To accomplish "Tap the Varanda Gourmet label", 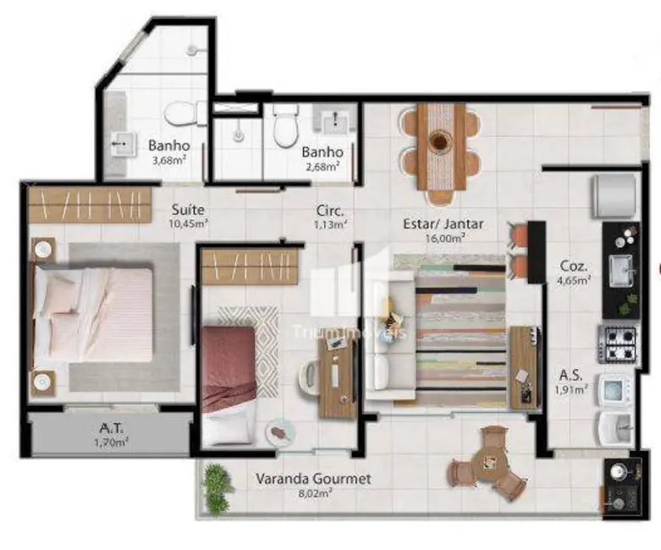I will [x=313, y=479].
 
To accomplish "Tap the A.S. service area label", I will [x=569, y=375].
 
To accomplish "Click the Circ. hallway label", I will [x=329, y=210].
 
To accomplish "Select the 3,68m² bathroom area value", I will [x=168, y=160].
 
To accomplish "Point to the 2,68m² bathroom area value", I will [x=322, y=166].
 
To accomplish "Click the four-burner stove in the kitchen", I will [x=620, y=344].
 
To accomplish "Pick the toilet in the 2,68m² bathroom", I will [x=285, y=124].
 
